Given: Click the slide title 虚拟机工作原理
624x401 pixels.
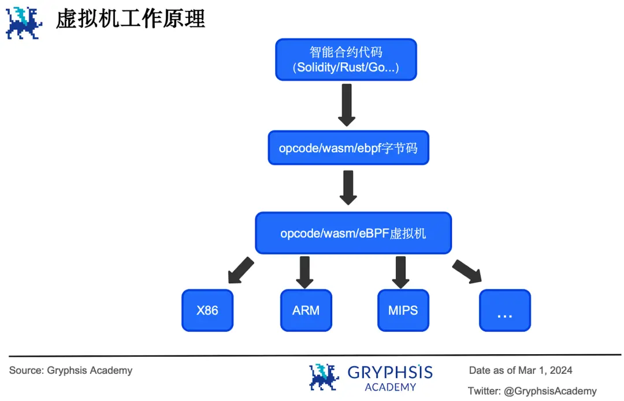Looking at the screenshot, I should pos(131,20).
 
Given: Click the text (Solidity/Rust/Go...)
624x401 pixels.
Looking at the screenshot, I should pos(346,68).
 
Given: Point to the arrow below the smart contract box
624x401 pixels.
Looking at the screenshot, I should pos(346,104).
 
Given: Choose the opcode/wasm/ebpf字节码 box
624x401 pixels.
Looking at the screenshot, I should pos(348,148).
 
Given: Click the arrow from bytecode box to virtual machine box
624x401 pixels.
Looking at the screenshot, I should pos(348,188).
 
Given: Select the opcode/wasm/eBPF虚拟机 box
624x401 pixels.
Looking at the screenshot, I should pos(353,233).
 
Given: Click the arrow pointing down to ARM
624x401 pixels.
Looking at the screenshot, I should pos(304,272).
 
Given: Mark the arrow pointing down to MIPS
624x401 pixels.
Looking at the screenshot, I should pos(400,272).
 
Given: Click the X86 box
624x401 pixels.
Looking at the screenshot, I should pos(207,310).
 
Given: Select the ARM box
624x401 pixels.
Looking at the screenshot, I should pos(306,310).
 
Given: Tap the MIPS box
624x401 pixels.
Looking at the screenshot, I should pos(403,310).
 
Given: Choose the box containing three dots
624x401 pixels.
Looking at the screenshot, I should pos(504,310).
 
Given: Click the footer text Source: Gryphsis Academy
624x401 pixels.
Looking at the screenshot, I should pos(70,370).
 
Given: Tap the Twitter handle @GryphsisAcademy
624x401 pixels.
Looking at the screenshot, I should pos(550,391).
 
